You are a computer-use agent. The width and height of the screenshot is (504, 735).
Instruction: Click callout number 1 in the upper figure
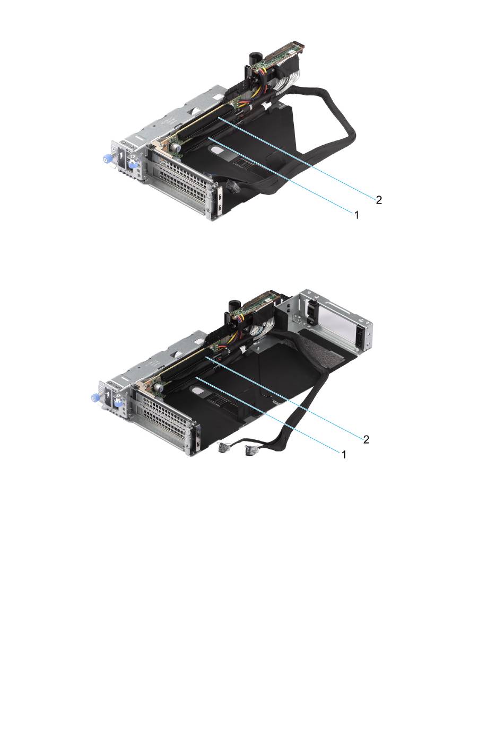(x=356, y=215)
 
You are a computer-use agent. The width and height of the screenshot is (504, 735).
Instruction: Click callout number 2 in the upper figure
(x=379, y=200)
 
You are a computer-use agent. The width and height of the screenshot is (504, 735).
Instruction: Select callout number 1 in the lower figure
(x=344, y=455)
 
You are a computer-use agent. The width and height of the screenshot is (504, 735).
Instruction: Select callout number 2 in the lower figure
(x=366, y=439)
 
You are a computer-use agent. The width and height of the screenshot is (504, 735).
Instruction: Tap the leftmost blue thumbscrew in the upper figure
(x=107, y=161)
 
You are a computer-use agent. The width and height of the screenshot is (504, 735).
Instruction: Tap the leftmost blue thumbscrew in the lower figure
(x=94, y=399)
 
